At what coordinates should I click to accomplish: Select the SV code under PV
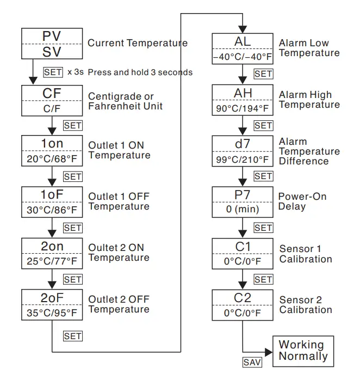click(x=52, y=53)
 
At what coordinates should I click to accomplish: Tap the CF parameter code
click(x=52, y=93)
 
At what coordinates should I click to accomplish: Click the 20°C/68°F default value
click(x=52, y=160)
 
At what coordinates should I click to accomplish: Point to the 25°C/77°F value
click(x=52, y=262)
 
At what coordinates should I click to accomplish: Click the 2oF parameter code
click(x=52, y=297)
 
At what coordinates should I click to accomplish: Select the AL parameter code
click(x=243, y=42)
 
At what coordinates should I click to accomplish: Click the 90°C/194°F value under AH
click(x=243, y=108)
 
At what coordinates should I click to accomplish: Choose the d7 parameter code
click(x=243, y=144)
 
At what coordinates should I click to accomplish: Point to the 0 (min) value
click(x=243, y=210)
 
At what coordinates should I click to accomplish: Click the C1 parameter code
click(x=243, y=247)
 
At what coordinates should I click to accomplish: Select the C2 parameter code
click(x=243, y=298)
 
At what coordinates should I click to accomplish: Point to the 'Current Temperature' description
click(x=137, y=43)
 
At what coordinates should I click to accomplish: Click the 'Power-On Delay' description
click(x=302, y=201)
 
